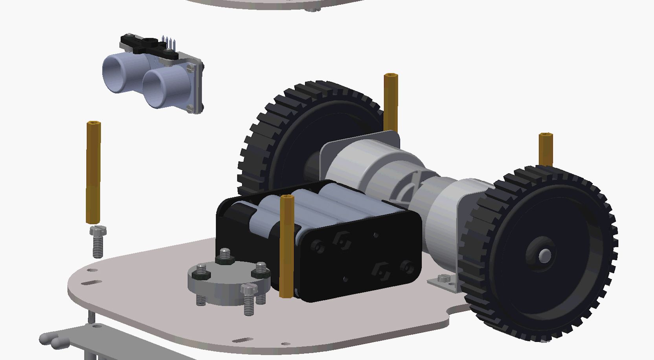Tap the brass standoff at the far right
pos(546,149)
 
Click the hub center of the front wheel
pos(544,255)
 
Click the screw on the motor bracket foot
pos(443,279)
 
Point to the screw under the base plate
pos(91,317)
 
